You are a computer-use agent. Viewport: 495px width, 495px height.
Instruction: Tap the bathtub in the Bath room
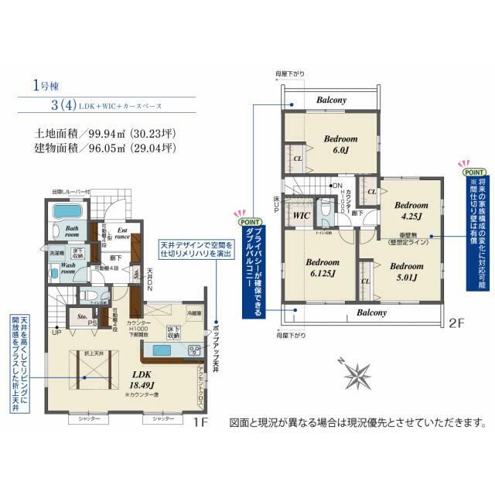coord(70,213)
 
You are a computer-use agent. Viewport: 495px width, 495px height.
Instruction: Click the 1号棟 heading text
coord(46,86)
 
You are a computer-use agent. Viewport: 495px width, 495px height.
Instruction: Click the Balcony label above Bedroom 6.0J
coord(330,101)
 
